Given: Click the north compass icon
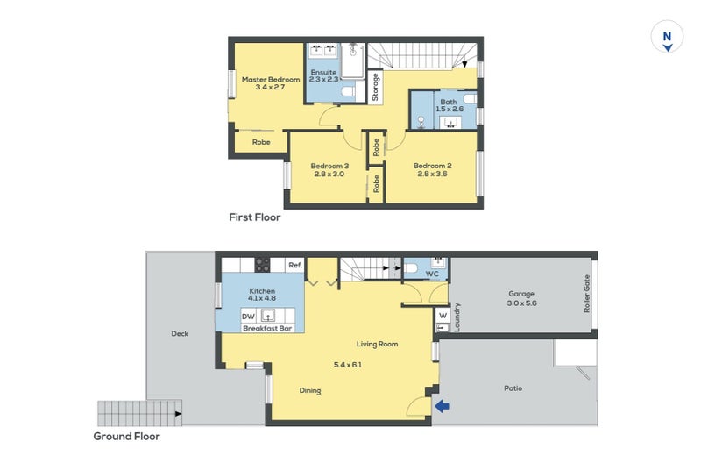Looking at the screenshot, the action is pyautogui.click(x=667, y=37).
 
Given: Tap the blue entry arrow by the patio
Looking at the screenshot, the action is pyautogui.click(x=443, y=406).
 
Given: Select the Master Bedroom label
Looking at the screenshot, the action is pyautogui.click(x=271, y=80).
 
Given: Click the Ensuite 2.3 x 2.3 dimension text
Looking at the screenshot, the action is pyautogui.click(x=323, y=79).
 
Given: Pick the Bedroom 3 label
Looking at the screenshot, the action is pyautogui.click(x=329, y=166).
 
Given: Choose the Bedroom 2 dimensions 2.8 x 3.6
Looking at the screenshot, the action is pyautogui.click(x=432, y=174).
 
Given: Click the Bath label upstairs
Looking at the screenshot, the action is pyautogui.click(x=449, y=102).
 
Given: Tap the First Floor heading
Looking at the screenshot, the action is pyautogui.click(x=255, y=217).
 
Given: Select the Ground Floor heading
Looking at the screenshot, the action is pyautogui.click(x=126, y=437).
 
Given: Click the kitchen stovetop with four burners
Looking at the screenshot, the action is pyautogui.click(x=262, y=265).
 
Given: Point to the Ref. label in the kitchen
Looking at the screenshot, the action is pyautogui.click(x=295, y=265).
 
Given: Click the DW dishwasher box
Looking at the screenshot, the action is pyautogui.click(x=248, y=316).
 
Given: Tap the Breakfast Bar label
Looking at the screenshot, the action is pyautogui.click(x=267, y=329).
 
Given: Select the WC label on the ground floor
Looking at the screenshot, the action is pyautogui.click(x=432, y=274).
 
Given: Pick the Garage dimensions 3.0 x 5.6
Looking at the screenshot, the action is pyautogui.click(x=521, y=303).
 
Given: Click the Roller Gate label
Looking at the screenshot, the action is pyautogui.click(x=586, y=294).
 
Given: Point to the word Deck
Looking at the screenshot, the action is pyautogui.click(x=180, y=334).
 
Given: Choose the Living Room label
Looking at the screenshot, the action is pyautogui.click(x=377, y=344).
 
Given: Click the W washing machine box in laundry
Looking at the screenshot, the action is pyautogui.click(x=443, y=316).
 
